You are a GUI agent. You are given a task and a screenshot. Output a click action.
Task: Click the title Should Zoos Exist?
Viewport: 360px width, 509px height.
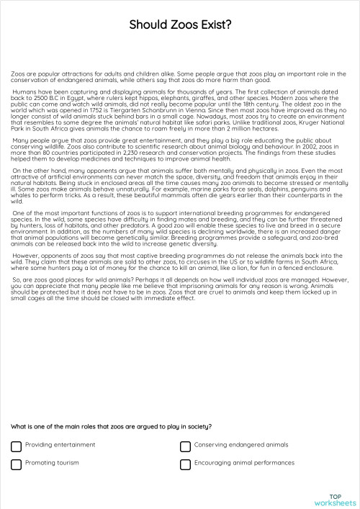[180, 24]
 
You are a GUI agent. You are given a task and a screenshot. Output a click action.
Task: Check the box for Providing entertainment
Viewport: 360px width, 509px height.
[16, 446]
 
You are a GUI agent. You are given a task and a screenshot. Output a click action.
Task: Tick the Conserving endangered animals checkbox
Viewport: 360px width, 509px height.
[186, 446]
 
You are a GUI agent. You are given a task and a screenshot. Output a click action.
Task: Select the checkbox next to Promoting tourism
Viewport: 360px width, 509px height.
[16, 464]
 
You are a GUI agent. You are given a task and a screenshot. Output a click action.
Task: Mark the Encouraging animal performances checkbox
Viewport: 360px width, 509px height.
[186, 464]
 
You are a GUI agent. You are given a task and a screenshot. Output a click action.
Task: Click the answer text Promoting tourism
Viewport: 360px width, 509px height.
[52, 463]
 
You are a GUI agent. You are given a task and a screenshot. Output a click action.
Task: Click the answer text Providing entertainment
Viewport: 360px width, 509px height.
[60, 445]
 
